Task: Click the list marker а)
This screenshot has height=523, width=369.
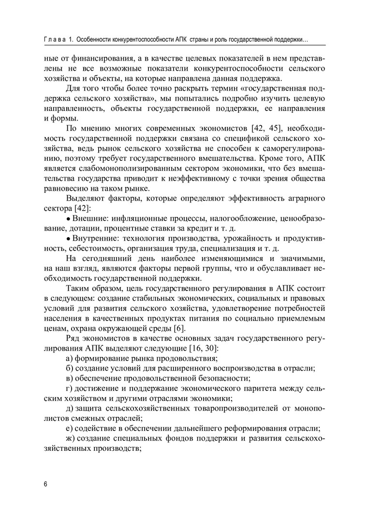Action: [69, 359]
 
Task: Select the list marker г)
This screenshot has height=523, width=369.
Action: [69, 389]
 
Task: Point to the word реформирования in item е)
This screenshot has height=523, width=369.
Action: [261, 429]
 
